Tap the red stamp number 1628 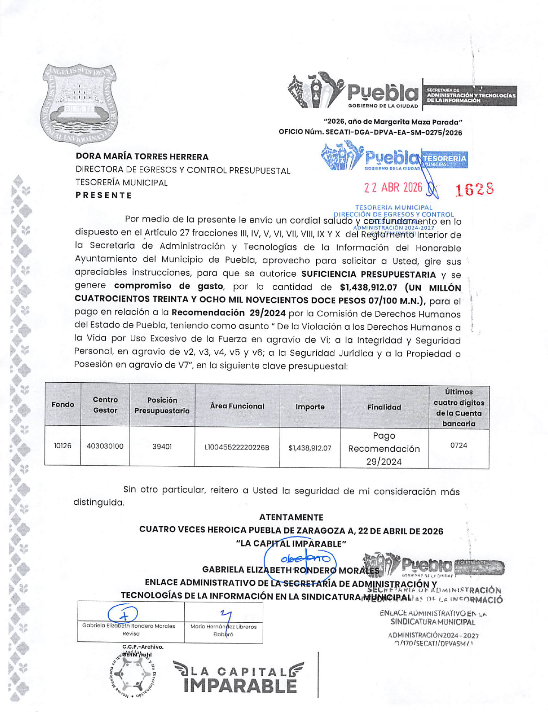click(475, 189)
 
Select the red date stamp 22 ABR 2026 click(393, 187)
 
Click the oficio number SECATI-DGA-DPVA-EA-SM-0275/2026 click(394, 133)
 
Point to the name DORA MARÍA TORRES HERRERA click(142, 157)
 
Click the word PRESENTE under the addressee click(104, 195)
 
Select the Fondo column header click(63, 404)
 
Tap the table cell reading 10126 click(63, 446)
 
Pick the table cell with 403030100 click(105, 446)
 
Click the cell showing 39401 click(162, 447)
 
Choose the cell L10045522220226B click(237, 448)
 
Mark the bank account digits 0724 click(459, 445)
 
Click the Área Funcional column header click(237, 406)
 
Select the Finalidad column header click(384, 407)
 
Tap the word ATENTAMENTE click(291, 517)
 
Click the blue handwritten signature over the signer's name click(305, 559)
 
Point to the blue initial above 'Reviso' click(123, 614)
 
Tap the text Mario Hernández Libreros click(224, 627)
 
